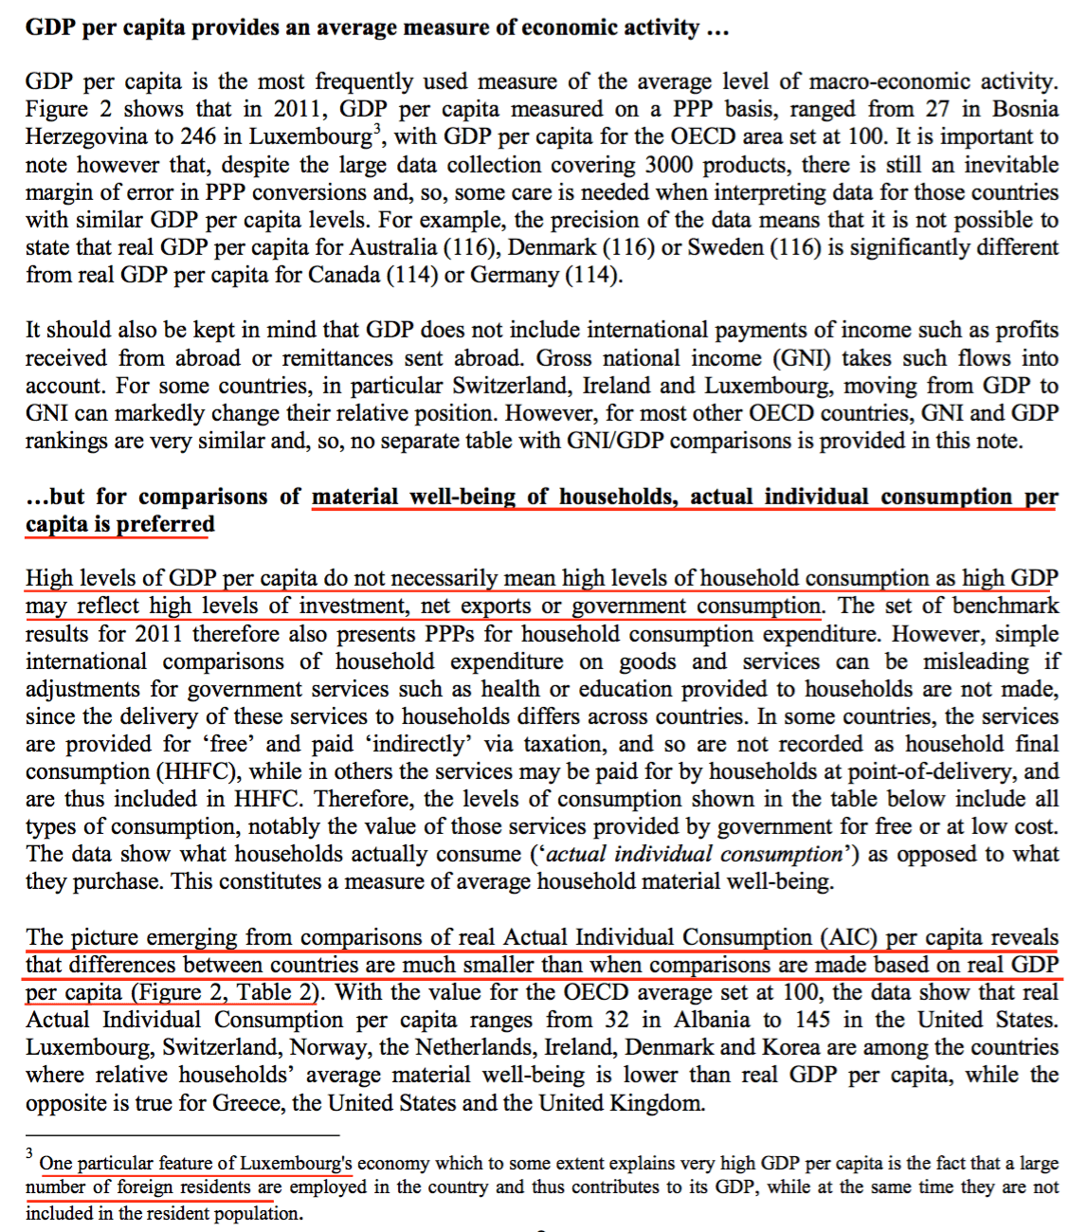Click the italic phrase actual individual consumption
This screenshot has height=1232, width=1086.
(695, 855)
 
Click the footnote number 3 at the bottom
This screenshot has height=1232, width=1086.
(29, 1153)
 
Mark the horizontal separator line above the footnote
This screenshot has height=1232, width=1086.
(182, 1134)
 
